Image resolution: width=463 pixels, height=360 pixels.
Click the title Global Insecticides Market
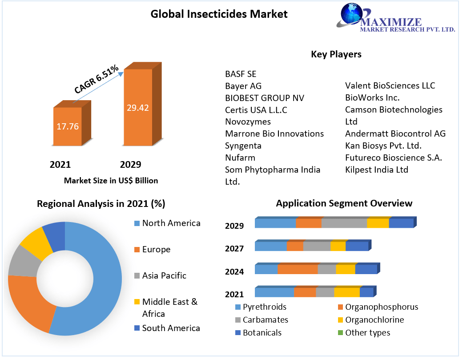pyautogui.click(x=219, y=14)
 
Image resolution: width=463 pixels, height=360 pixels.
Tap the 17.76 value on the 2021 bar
pyautogui.click(x=68, y=126)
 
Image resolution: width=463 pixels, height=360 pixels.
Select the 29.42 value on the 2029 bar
pyautogui.click(x=138, y=108)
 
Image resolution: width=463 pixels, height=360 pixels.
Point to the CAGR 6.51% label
pyautogui.click(x=97, y=79)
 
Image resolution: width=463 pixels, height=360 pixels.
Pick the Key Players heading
pyautogui.click(x=336, y=54)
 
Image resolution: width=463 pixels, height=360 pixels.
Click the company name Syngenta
pyautogui.click(x=243, y=146)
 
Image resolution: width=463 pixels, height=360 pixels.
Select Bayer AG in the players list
pyautogui.click(x=243, y=85)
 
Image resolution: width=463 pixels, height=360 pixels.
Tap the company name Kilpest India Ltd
pyautogui.click(x=376, y=170)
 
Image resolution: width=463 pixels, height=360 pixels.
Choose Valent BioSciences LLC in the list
pyautogui.click(x=390, y=85)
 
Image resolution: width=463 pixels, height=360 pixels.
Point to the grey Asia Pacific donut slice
pyautogui.click(x=24, y=261)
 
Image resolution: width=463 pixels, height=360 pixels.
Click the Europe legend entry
pyautogui.click(x=156, y=250)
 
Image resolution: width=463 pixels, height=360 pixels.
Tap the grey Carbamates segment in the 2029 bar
pyautogui.click(x=344, y=223)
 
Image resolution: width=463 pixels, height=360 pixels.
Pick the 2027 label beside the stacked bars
pyautogui.click(x=234, y=248)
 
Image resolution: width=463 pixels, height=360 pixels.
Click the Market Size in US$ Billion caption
pyautogui.click(x=111, y=181)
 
